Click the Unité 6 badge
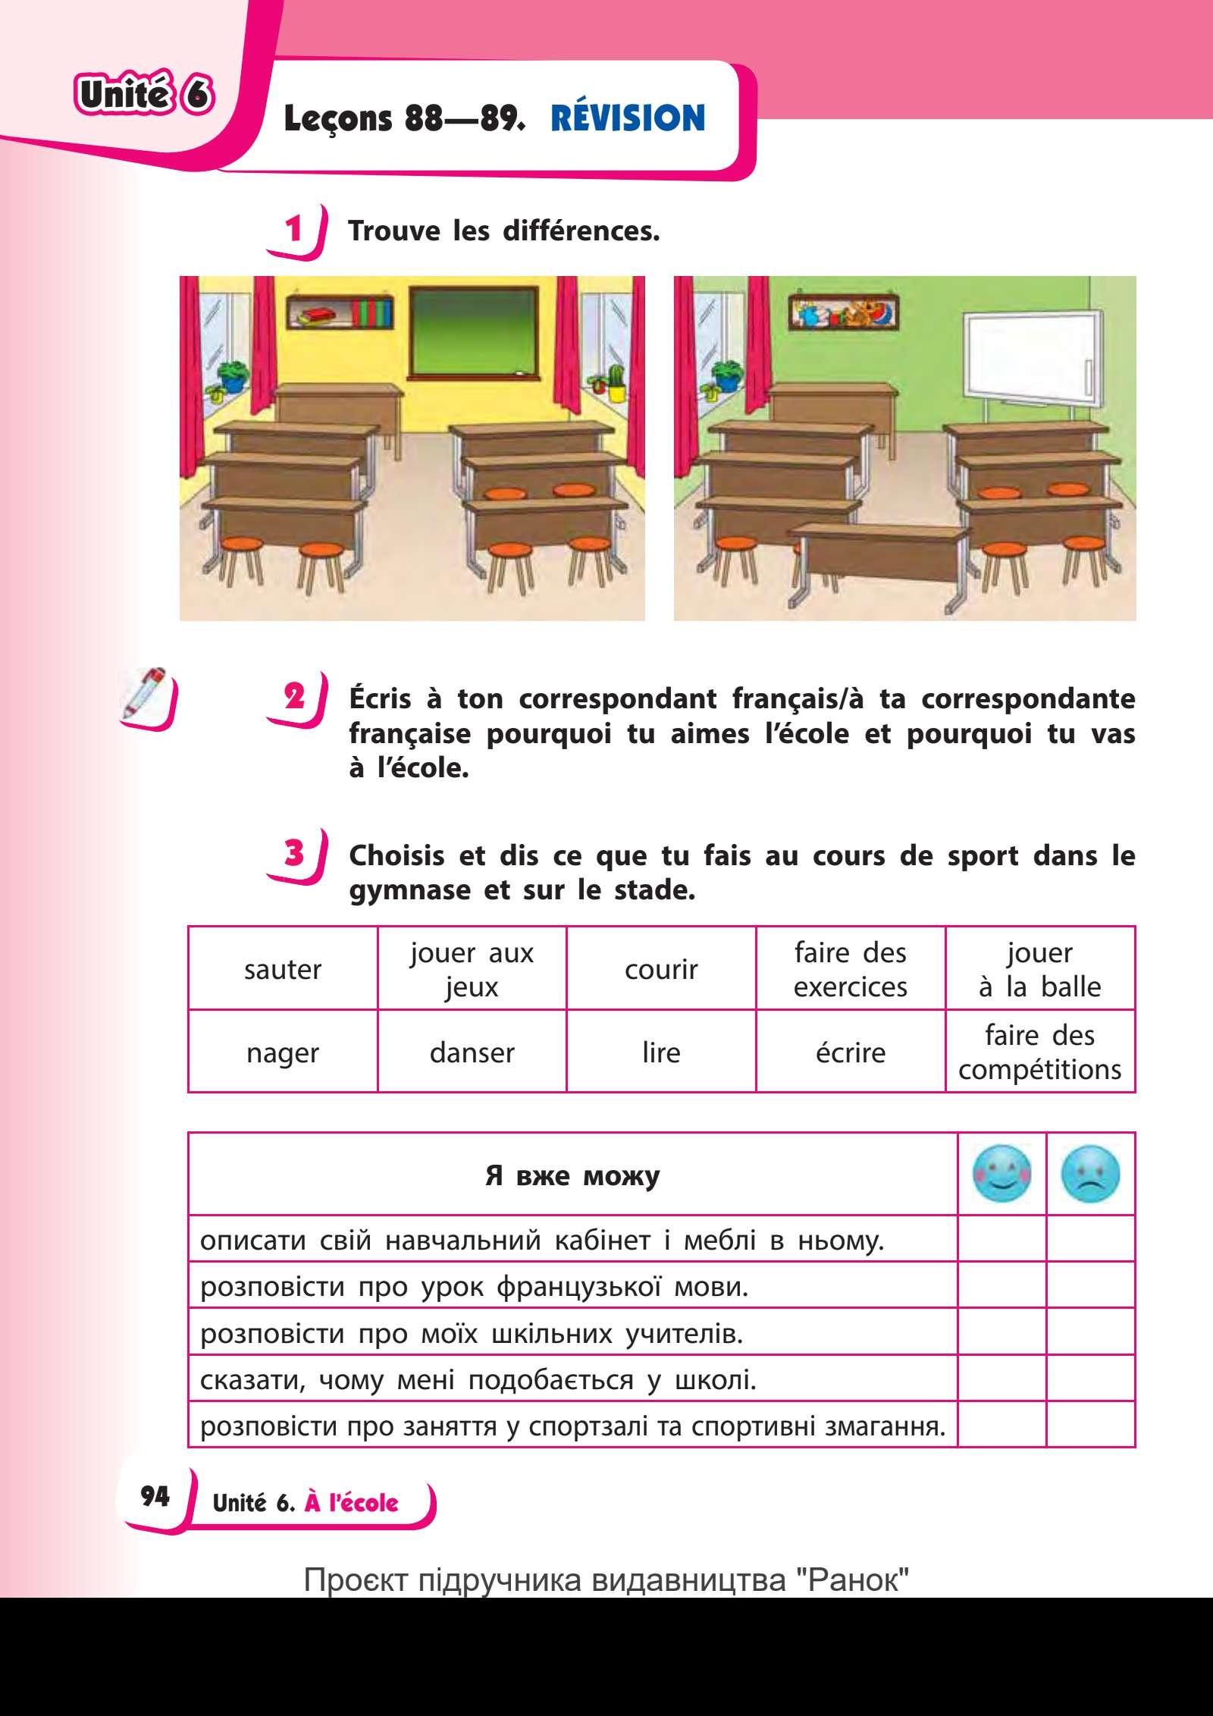[143, 97]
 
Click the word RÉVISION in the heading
[628, 118]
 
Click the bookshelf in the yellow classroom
[340, 312]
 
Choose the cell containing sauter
[283, 969]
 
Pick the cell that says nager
[283, 1053]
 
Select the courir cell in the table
[661, 969]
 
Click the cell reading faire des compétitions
[1039, 1053]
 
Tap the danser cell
[472, 1053]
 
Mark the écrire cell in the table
[850, 1053]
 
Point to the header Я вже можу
[572, 1176]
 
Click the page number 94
[155, 1495]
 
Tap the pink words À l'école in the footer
[351, 1503]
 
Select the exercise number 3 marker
[293, 854]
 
